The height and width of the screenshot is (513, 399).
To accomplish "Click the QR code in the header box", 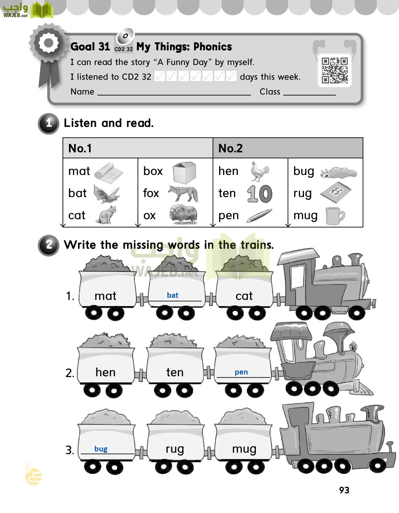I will [335, 70].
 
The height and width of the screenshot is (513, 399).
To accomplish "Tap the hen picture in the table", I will [259, 171].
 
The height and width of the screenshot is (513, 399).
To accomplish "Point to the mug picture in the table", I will [335, 216].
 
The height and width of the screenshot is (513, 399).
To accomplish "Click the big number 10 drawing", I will [260, 194].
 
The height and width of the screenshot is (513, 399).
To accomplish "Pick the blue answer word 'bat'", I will [173, 295].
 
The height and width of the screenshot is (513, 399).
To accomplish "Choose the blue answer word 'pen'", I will [241, 372].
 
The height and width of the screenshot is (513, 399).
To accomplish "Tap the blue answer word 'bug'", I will [101, 449].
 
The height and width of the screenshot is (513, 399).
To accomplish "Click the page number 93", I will [344, 490].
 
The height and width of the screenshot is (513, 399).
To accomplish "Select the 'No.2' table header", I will [230, 148].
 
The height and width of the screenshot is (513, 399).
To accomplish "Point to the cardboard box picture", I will [185, 172].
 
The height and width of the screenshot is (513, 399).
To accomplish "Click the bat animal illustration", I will [106, 194].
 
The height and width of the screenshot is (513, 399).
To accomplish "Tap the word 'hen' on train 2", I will [105, 372].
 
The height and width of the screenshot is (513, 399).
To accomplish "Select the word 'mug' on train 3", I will [244, 449].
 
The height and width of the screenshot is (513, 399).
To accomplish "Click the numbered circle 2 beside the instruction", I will [49, 245].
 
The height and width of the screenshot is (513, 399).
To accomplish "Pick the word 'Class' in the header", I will [270, 92].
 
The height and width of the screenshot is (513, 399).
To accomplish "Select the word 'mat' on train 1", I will [105, 296].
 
